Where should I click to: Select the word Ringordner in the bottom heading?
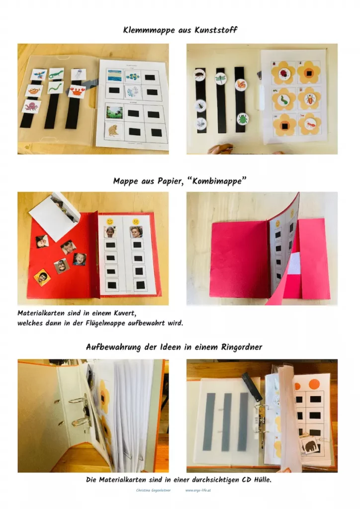tap(242, 347)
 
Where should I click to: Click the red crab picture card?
tap(77, 91)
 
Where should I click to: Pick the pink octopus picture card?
tap(32, 106)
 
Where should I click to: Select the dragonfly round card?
tap(220, 78)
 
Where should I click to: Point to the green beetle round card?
tap(242, 118)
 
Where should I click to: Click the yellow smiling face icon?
tap(110, 221)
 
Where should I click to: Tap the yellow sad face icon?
tap(135, 222)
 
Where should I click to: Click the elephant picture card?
tap(309, 447)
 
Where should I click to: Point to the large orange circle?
tap(314, 384)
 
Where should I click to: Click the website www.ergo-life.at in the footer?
tap(198, 490)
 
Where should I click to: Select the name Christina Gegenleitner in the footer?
tap(153, 490)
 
